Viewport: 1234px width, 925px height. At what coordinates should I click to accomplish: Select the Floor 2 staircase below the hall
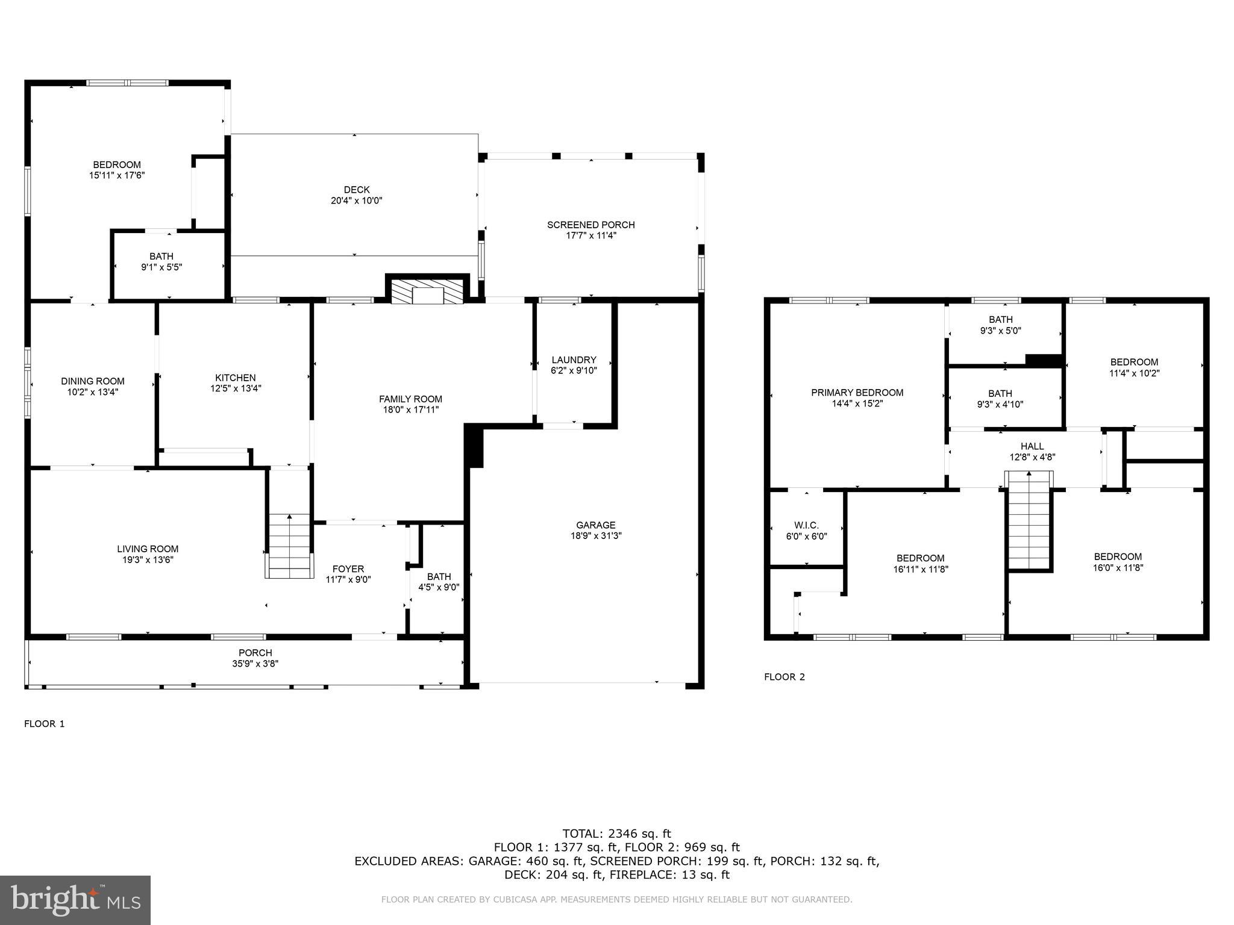tap(1030, 522)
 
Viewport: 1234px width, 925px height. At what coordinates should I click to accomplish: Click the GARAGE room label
tap(595, 525)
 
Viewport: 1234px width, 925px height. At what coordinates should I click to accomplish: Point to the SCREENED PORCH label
tap(590, 225)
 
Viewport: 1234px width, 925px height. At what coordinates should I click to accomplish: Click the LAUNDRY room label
tap(574, 360)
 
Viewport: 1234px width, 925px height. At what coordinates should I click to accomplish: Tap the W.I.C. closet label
tap(806, 526)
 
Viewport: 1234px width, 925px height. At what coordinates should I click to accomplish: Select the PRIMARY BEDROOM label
tap(857, 393)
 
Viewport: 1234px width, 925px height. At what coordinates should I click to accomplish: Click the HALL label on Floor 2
tap(1032, 446)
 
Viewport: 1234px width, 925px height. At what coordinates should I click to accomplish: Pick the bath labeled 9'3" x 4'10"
tap(1000, 399)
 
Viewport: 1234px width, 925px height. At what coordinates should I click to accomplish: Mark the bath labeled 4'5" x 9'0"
tap(439, 582)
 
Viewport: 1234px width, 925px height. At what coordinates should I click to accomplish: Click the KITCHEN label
tap(236, 378)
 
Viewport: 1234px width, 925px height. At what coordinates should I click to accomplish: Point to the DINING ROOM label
tap(93, 381)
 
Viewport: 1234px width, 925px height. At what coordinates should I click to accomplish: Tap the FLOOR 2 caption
tap(784, 677)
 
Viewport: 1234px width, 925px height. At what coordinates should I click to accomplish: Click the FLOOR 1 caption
tap(44, 724)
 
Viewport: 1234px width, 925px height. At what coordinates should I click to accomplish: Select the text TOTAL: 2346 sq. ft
tap(616, 833)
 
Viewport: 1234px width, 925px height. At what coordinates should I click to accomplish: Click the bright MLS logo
tap(75, 900)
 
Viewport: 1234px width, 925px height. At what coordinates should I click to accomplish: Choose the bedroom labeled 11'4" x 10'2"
tap(1134, 367)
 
